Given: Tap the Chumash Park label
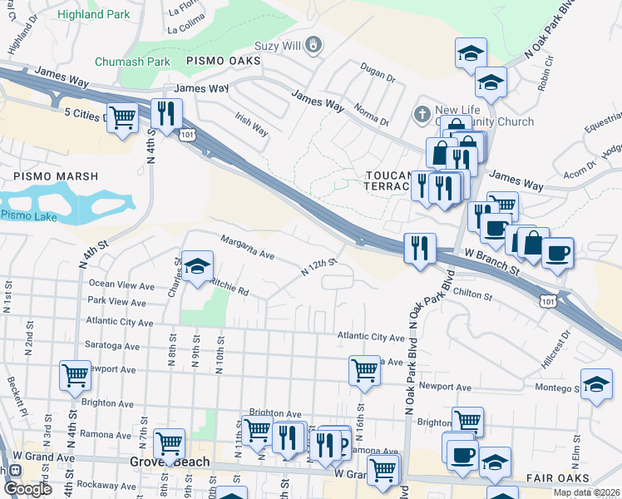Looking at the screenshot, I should coord(132,62).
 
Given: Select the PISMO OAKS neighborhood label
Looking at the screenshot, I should coord(223,61).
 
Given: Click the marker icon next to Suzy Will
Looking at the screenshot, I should coord(313,44).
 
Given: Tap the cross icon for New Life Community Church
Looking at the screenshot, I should coord(422,112).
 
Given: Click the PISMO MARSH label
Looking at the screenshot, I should coord(56,176).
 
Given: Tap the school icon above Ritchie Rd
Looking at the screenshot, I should coord(198,265).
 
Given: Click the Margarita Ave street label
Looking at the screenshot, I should coord(247,246).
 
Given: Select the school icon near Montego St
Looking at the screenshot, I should coord(596,383).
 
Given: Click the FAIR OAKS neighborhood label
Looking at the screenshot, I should coord(557,478).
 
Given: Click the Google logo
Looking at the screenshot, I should coord(27,489).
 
